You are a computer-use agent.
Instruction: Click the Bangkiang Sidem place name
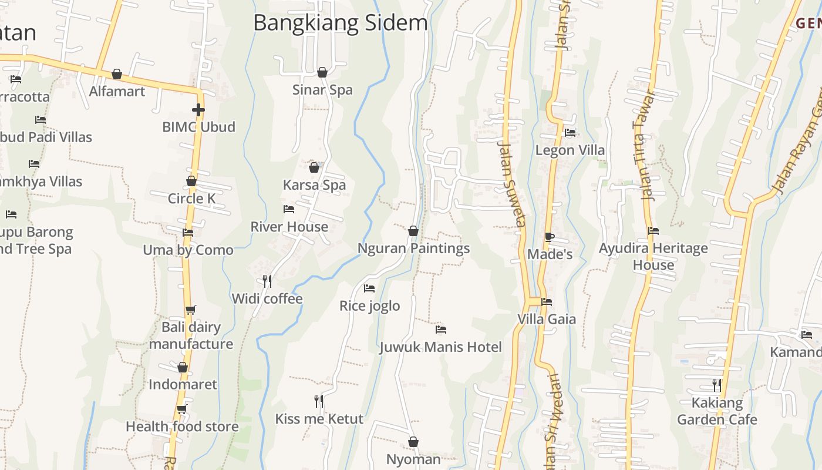[341, 23]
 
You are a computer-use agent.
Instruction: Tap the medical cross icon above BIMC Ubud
[198, 110]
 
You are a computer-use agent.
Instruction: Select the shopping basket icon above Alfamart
[117, 74]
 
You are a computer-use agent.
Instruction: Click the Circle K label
[191, 199]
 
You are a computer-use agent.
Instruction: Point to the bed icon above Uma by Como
[188, 233]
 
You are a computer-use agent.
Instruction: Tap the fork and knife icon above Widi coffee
[267, 281]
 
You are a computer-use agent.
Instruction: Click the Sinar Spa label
[322, 90]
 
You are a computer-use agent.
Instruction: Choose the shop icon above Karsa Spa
[314, 167]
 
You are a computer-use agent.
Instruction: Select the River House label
[289, 227]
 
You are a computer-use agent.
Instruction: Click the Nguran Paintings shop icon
[413, 231]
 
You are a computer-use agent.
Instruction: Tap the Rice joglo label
[369, 306]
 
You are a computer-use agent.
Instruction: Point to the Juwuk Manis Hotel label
[440, 347]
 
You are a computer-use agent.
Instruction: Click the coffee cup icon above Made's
[549, 237]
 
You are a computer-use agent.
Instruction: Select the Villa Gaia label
[546, 320]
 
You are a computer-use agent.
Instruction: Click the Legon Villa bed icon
[570, 133]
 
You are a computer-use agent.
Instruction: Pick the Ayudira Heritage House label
[653, 257]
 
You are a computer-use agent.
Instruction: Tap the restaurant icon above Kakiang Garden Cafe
[717, 385]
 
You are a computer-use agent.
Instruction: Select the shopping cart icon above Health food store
[182, 409]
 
